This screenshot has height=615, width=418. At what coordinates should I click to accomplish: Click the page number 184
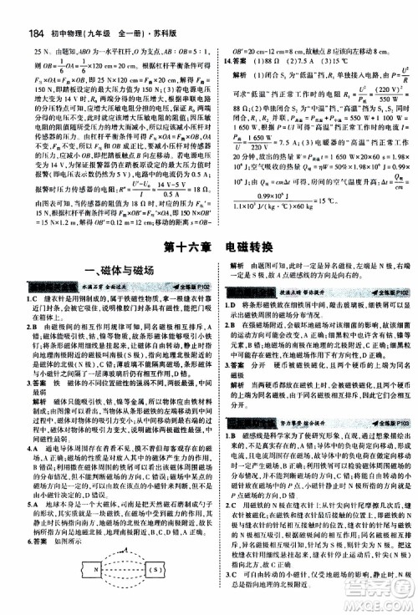tap(18, 12)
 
